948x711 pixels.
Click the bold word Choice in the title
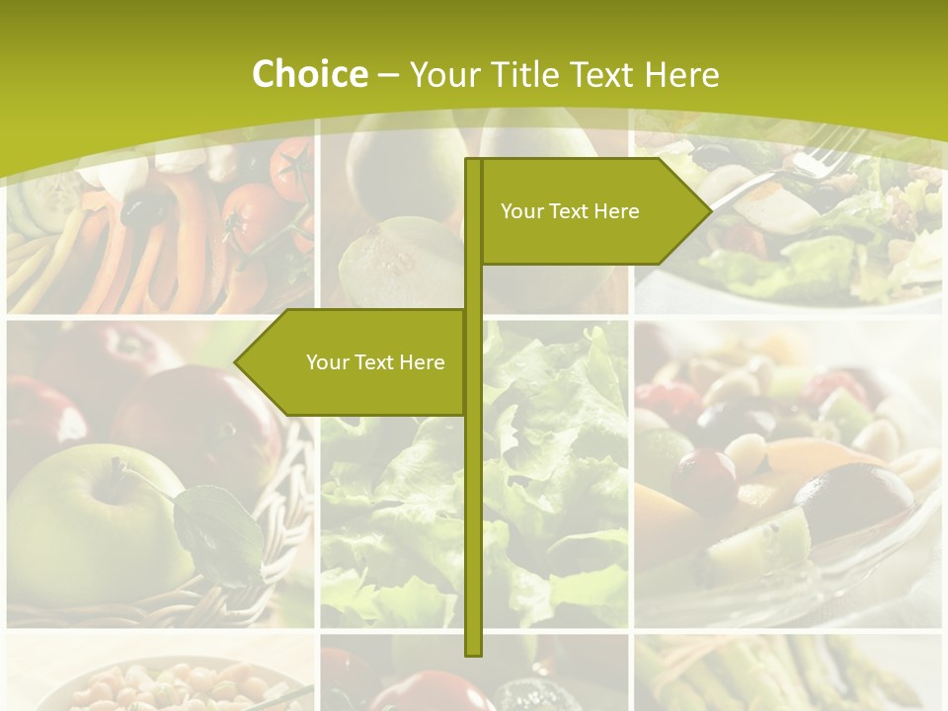(x=309, y=74)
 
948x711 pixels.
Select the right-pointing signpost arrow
(x=592, y=211)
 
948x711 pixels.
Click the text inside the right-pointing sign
(x=570, y=211)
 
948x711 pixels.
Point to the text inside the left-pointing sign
(x=375, y=362)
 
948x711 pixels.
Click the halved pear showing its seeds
(x=395, y=262)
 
